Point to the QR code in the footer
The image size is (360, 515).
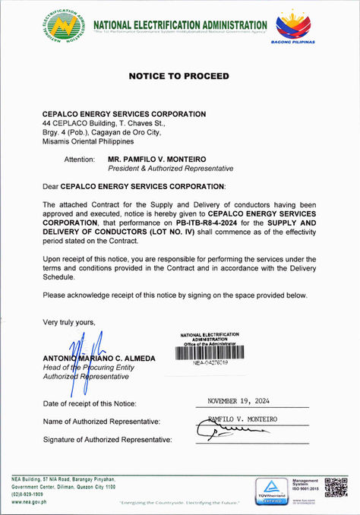click(335, 487)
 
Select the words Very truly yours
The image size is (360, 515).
click(69, 322)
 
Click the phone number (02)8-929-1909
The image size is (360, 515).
click(27, 494)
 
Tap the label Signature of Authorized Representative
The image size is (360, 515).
click(108, 440)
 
